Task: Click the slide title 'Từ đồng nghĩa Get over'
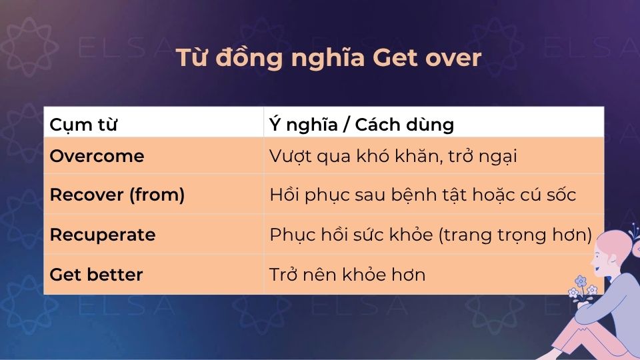[x=328, y=59]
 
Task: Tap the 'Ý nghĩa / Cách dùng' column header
[x=361, y=124]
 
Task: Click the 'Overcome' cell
[x=97, y=156]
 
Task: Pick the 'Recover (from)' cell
[x=117, y=195]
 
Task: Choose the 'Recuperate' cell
[x=103, y=235]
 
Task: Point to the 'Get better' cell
[x=96, y=274]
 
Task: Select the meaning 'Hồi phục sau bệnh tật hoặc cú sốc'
[x=423, y=195]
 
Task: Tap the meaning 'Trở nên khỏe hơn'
[x=347, y=274]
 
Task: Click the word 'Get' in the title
[x=395, y=59]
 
